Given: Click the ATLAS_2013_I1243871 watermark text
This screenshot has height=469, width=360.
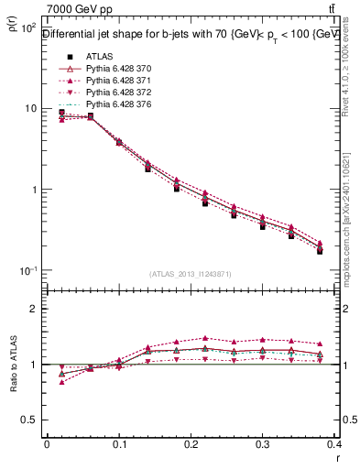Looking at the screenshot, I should (x=191, y=274).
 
